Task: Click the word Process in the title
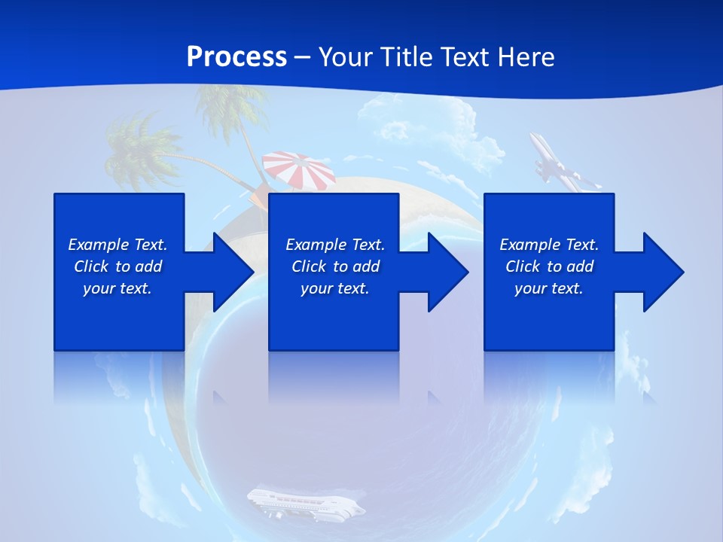[236, 57]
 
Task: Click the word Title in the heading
[404, 57]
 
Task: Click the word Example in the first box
[99, 245]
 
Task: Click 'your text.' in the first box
[117, 288]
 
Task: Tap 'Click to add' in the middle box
[335, 266]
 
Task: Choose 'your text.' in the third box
[548, 288]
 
